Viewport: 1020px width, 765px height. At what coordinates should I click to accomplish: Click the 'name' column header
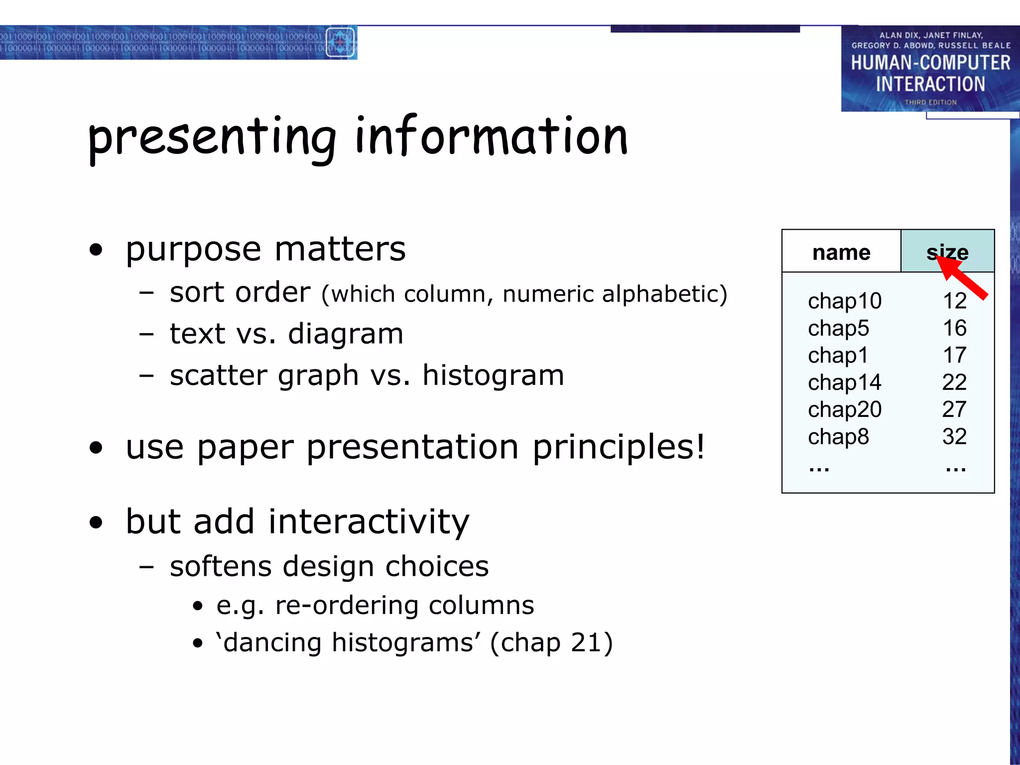(x=841, y=253)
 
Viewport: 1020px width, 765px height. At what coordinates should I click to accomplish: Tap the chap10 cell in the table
(x=845, y=301)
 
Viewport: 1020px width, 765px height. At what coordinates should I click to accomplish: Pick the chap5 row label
(x=838, y=329)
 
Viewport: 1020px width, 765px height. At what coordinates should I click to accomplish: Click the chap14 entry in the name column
(x=845, y=382)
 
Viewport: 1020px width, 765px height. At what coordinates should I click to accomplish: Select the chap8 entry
(x=838, y=437)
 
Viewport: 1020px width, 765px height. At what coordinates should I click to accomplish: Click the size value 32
(x=954, y=437)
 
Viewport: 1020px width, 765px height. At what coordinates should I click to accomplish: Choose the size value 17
(x=955, y=356)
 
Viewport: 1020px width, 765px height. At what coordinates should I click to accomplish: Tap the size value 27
(x=954, y=409)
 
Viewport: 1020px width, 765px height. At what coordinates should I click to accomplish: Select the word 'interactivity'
(x=369, y=522)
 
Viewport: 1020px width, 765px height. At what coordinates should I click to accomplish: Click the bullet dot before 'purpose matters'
(x=96, y=250)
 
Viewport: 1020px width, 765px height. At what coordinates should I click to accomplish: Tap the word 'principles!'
(x=619, y=447)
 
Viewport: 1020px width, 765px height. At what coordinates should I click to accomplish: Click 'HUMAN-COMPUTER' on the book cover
(x=930, y=63)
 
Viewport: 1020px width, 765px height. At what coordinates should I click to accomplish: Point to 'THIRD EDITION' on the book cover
(x=930, y=102)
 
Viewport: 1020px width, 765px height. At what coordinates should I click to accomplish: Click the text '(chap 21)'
(x=551, y=642)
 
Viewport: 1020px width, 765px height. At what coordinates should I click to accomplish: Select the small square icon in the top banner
(x=340, y=42)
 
